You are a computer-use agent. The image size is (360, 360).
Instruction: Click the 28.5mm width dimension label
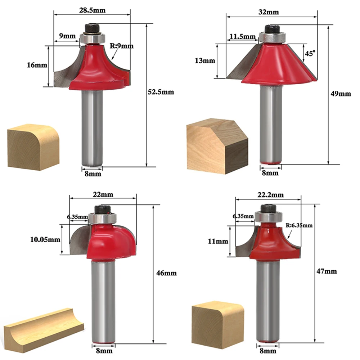pos(92,10)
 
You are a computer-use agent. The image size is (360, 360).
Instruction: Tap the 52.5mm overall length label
pos(161,92)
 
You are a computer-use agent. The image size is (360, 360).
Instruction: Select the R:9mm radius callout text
pos(121,46)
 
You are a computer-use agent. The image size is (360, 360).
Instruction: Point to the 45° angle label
pos(310,54)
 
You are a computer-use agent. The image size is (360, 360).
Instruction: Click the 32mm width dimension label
pos(269,12)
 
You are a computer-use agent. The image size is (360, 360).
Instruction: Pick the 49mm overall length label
pos(341,94)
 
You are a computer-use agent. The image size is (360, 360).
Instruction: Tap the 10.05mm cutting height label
pos(45,240)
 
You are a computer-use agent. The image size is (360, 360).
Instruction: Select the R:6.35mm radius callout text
pos(299,225)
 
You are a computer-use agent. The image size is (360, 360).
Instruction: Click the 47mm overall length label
pos(327,271)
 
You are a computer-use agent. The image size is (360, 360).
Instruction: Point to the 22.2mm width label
pos(270,195)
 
